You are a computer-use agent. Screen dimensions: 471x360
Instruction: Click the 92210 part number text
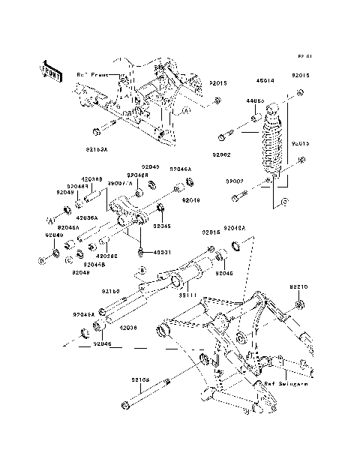point(299,286)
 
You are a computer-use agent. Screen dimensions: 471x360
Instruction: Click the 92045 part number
point(162,225)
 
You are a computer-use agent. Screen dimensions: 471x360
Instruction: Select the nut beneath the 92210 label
point(300,304)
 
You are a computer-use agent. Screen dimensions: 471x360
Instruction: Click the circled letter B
point(140,270)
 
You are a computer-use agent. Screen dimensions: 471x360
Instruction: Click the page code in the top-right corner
point(304,56)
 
